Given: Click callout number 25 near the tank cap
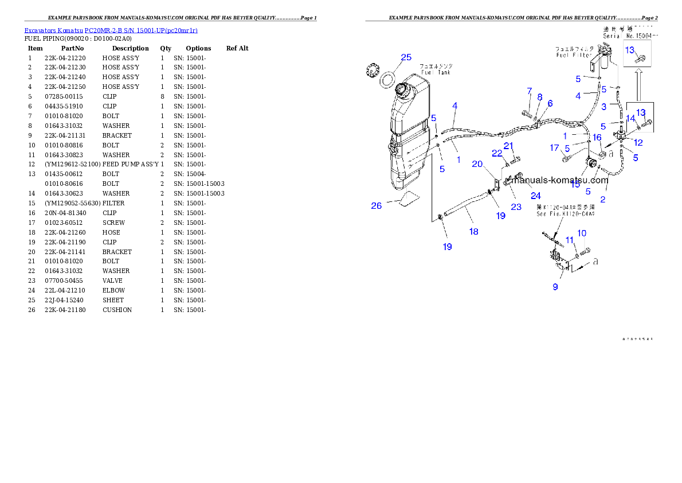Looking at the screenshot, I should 406,57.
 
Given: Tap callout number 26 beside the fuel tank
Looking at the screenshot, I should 376,206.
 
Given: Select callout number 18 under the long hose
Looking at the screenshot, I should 473,231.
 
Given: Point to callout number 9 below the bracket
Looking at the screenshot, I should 555,286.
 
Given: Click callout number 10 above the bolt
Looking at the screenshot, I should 582,233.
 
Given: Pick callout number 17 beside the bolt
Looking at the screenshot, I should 554,148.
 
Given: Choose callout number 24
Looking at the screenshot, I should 535,196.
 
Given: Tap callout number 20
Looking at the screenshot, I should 477,164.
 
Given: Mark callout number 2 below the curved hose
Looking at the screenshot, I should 602,200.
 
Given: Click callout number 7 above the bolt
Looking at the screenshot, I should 530,91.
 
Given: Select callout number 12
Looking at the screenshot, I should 637,142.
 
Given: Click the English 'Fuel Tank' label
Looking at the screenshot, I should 436,72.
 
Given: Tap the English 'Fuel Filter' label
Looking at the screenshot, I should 575,56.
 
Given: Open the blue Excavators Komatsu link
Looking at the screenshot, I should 111,30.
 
